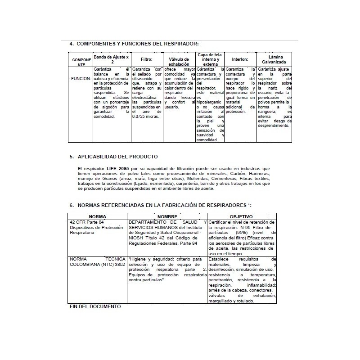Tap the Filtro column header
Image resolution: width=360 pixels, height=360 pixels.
point(146,59)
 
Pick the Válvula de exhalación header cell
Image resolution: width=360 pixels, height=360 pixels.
point(179,62)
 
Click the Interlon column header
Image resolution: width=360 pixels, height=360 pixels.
point(240,59)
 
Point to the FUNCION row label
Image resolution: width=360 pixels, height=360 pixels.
point(81,78)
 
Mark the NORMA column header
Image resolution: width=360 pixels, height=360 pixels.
point(98,216)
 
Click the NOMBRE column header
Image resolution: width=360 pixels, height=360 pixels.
point(167,216)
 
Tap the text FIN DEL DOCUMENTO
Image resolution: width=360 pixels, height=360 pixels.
point(95,306)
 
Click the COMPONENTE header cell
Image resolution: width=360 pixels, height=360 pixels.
point(81,62)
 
